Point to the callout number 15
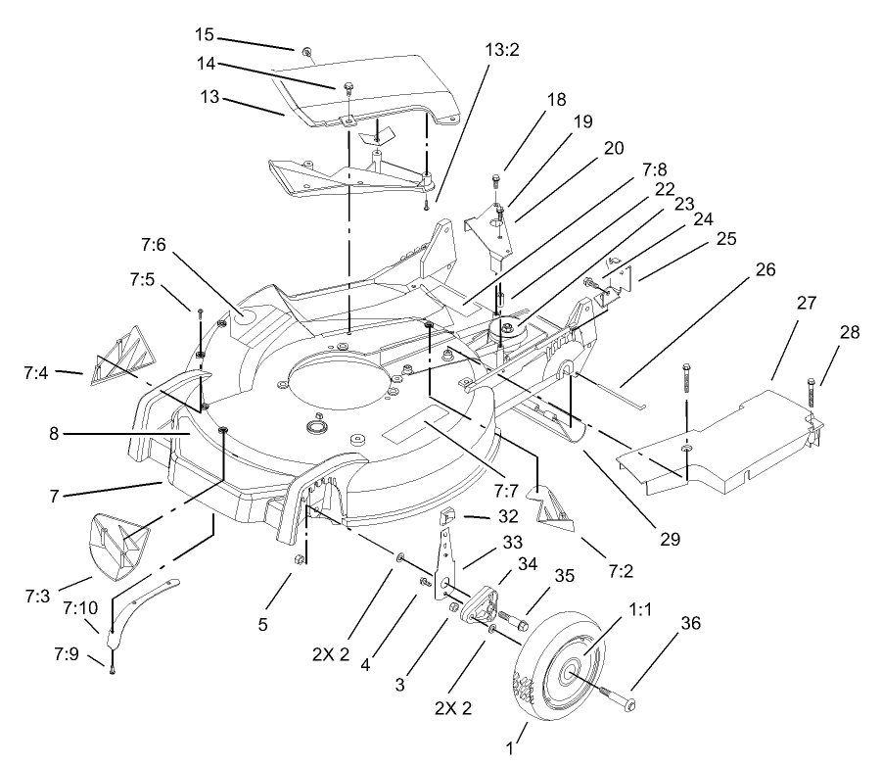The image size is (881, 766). pyautogui.click(x=204, y=34)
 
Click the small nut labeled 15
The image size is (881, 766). pyautogui.click(x=307, y=52)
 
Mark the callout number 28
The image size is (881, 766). pyautogui.click(x=850, y=333)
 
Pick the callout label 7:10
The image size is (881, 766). pyautogui.click(x=78, y=608)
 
